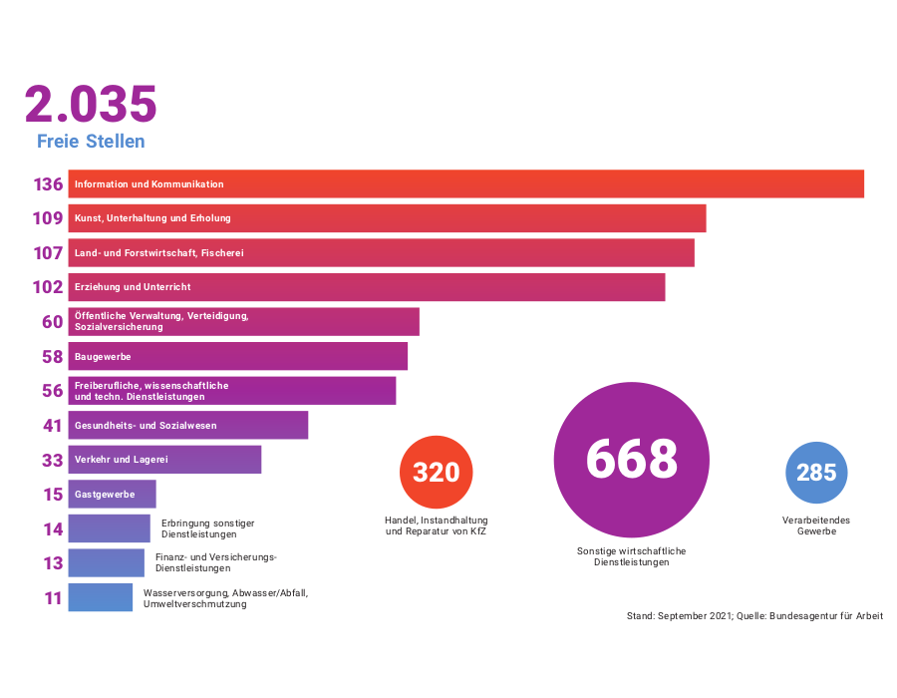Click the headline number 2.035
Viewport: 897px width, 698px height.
pos(91,105)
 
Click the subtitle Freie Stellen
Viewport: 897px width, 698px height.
pos(91,142)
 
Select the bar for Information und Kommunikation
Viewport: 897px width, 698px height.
pos(465,184)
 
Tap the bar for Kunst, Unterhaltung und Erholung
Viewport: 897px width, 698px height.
pos(387,218)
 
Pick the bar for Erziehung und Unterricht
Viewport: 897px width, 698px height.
pos(366,287)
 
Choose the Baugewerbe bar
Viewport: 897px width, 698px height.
pos(237,356)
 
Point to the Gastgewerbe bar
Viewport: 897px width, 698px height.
pos(112,495)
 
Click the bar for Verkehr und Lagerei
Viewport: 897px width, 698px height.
pos(164,460)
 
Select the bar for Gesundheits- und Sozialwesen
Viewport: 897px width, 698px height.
pos(187,426)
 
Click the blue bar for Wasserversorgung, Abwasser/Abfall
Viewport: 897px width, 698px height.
pos(100,598)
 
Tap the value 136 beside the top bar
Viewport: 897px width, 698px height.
pos(48,184)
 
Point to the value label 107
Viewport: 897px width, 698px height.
pos(48,253)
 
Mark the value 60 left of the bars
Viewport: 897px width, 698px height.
pos(52,322)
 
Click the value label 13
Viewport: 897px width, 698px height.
pos(53,563)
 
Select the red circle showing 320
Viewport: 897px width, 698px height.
pos(436,472)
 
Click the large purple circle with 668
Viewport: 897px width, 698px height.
pos(631,460)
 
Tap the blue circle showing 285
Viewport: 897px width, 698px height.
pos(816,472)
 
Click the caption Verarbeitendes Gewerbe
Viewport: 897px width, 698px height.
pos(816,525)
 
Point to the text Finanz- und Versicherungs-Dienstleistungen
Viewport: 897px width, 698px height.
pos(215,562)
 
